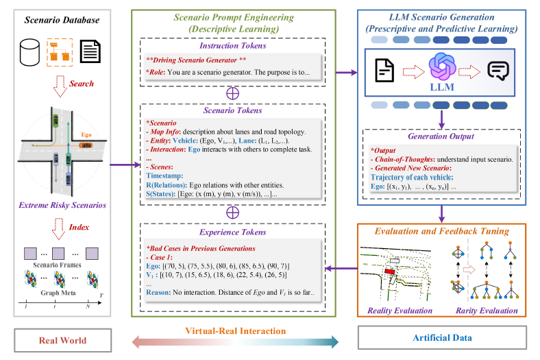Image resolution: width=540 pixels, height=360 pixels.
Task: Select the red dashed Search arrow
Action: click(x=60, y=86)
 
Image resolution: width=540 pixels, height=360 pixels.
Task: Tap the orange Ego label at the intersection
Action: click(x=86, y=136)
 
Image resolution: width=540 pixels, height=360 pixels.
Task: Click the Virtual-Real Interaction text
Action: click(x=236, y=331)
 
